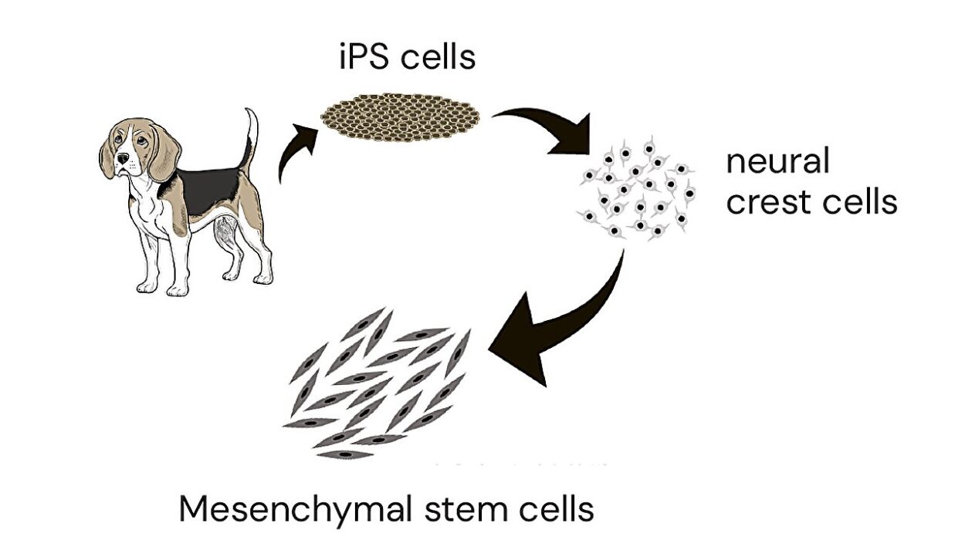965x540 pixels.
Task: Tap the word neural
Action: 777,162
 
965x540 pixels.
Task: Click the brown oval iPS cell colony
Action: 400,118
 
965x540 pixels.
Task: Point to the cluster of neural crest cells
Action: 638,188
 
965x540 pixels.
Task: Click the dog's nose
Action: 122,159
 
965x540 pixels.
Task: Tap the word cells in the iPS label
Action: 437,57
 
